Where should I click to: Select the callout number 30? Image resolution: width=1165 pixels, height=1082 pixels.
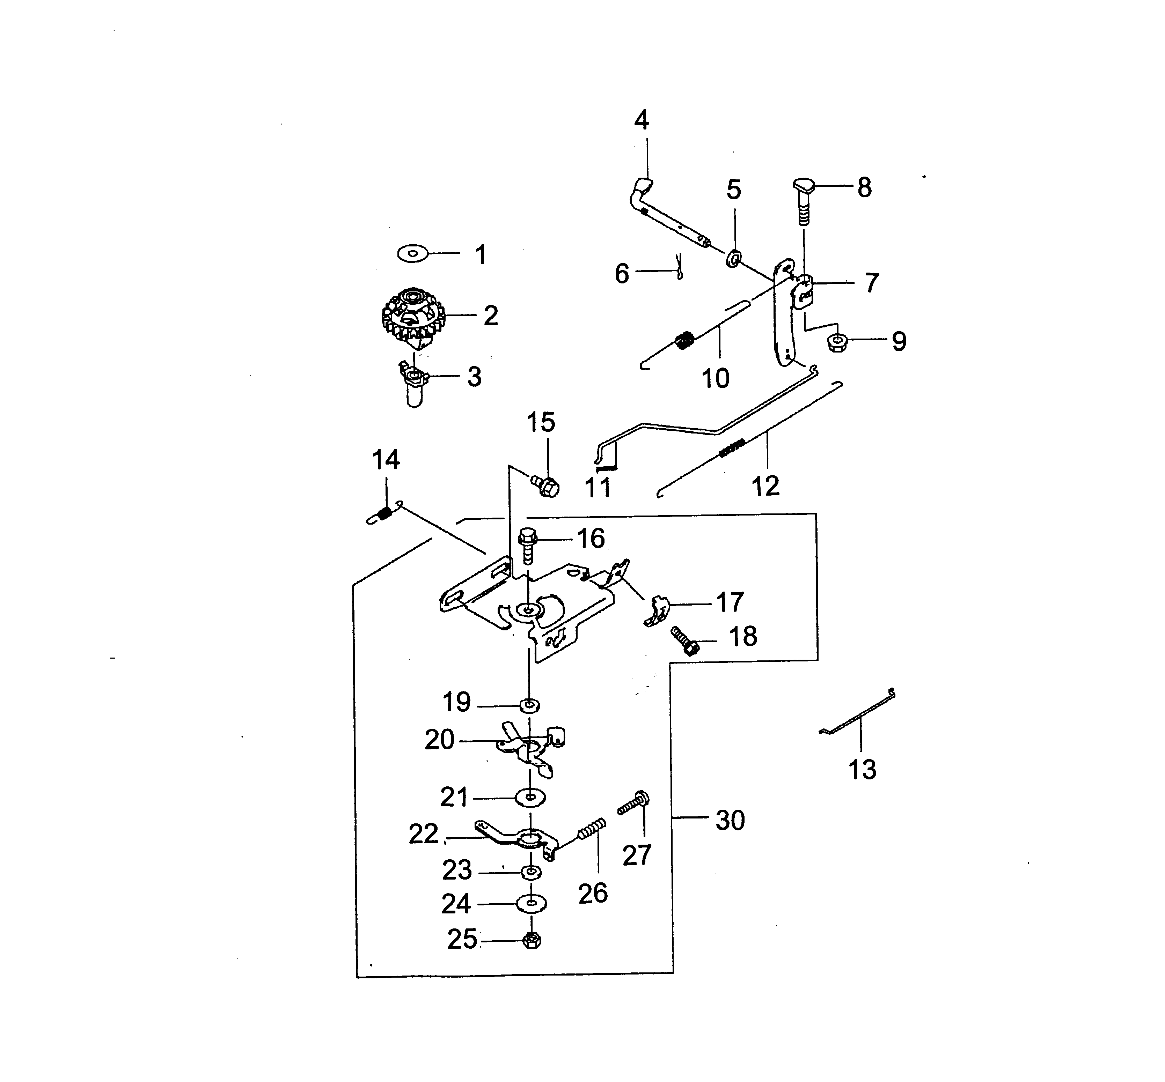click(x=730, y=820)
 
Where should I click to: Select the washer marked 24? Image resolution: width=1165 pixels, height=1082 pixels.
click(x=531, y=903)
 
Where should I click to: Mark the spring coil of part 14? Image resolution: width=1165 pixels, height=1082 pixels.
click(x=384, y=513)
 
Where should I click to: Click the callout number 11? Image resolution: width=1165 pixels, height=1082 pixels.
click(x=598, y=487)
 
